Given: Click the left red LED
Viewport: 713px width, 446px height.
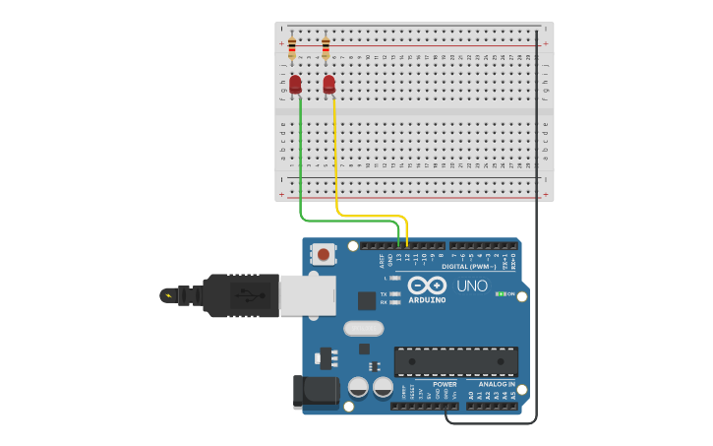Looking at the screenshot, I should pyautogui.click(x=295, y=85).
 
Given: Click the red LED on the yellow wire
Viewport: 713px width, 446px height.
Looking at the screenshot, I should pyautogui.click(x=328, y=85).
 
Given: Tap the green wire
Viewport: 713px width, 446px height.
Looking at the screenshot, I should pyautogui.click(x=300, y=167).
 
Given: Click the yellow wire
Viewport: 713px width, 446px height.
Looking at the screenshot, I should pyautogui.click(x=337, y=167).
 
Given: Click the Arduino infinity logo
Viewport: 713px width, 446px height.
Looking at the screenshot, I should pyautogui.click(x=427, y=285).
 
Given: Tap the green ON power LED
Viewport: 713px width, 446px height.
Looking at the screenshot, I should pyautogui.click(x=501, y=293).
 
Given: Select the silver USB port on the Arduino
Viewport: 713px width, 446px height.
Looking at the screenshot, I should pyautogui.click(x=307, y=294).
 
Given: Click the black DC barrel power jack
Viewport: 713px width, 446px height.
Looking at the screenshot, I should pyautogui.click(x=315, y=391).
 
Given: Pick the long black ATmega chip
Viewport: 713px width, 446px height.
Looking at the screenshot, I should pyautogui.click(x=455, y=361).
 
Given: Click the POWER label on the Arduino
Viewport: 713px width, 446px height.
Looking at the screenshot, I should pyautogui.click(x=445, y=384).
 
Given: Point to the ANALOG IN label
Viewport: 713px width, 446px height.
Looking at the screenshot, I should pyautogui.click(x=497, y=384).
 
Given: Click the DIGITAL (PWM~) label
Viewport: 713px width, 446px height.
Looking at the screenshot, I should pyautogui.click(x=468, y=266).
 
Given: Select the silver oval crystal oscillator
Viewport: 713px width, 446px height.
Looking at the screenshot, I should pyautogui.click(x=363, y=328).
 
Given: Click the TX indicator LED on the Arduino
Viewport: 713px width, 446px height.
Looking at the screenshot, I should pyautogui.click(x=394, y=293).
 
